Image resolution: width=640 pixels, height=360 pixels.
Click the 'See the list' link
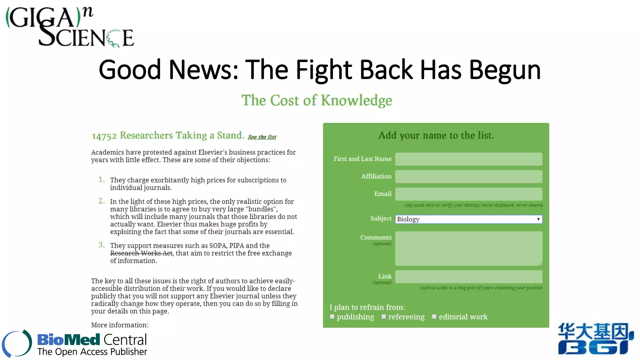pos(262,137)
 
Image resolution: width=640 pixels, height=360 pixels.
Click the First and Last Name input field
pos(468,159)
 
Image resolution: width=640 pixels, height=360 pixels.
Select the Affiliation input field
pos(468,177)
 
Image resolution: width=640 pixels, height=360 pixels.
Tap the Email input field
pos(468,194)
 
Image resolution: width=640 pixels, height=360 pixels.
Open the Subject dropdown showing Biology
pos(468,219)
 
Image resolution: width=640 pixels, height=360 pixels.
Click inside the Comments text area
pos(468,248)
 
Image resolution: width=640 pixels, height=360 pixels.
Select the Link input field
pos(468,277)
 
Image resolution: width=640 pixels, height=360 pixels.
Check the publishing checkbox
pos(332,317)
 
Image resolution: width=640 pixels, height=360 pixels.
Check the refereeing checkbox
pos(384,317)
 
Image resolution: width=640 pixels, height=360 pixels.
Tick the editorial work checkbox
pos(434,317)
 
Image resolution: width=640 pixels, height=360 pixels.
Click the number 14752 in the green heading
pos(104,136)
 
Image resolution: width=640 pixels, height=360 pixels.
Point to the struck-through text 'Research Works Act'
pos(141,253)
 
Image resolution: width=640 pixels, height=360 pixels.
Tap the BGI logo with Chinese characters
pos(595,339)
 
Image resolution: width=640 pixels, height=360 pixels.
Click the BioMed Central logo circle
pos(17,343)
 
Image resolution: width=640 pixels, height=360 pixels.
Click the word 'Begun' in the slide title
pos(505,70)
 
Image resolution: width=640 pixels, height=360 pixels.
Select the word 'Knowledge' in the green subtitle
pos(357,101)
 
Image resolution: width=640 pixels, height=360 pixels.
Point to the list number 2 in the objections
pos(102,201)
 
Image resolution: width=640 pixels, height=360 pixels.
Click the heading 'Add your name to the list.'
pos(436,135)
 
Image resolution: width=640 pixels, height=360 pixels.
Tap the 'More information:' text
pos(120,325)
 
